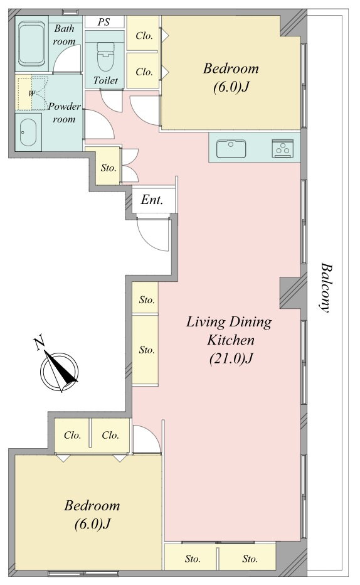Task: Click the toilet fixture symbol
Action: tap(105, 56)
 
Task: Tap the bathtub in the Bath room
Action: tap(32, 43)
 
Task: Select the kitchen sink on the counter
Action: tap(231, 149)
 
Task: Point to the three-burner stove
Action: tap(282, 149)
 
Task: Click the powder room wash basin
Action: tap(29, 132)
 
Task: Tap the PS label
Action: tap(104, 22)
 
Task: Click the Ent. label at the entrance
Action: tap(152, 200)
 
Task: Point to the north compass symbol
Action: tap(60, 369)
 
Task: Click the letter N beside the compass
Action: tap(39, 343)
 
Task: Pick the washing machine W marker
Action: tap(31, 94)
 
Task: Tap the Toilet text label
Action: tap(105, 80)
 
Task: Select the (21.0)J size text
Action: tap(231, 358)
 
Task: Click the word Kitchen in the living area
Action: tap(231, 340)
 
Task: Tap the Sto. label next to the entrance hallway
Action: tap(109, 168)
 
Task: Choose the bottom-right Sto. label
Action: tap(250, 559)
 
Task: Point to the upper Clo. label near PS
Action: tap(144, 36)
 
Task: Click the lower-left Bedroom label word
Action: tap(92, 505)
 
